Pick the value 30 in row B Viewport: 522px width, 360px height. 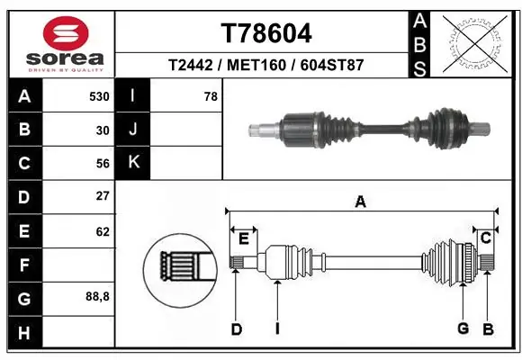pyautogui.click(x=103, y=130)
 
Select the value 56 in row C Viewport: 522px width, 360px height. pyautogui.click(x=103, y=163)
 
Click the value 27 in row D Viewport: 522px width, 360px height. pyautogui.click(x=103, y=196)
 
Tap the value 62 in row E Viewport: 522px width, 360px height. pyautogui.click(x=103, y=231)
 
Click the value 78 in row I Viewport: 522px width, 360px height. pyautogui.click(x=211, y=95)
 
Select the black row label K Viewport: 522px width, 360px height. pyautogui.click(x=133, y=163)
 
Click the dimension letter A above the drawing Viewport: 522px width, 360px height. pyautogui.click(x=360, y=202)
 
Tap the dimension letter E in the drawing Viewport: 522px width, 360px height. pyautogui.click(x=243, y=238)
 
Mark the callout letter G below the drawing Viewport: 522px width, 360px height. pyautogui.click(x=463, y=328)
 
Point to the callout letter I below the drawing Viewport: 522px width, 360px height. pyautogui.click(x=277, y=329)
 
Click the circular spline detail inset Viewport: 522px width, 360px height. pyautogui.click(x=179, y=267)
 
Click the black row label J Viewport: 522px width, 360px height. pyautogui.click(x=133, y=130)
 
